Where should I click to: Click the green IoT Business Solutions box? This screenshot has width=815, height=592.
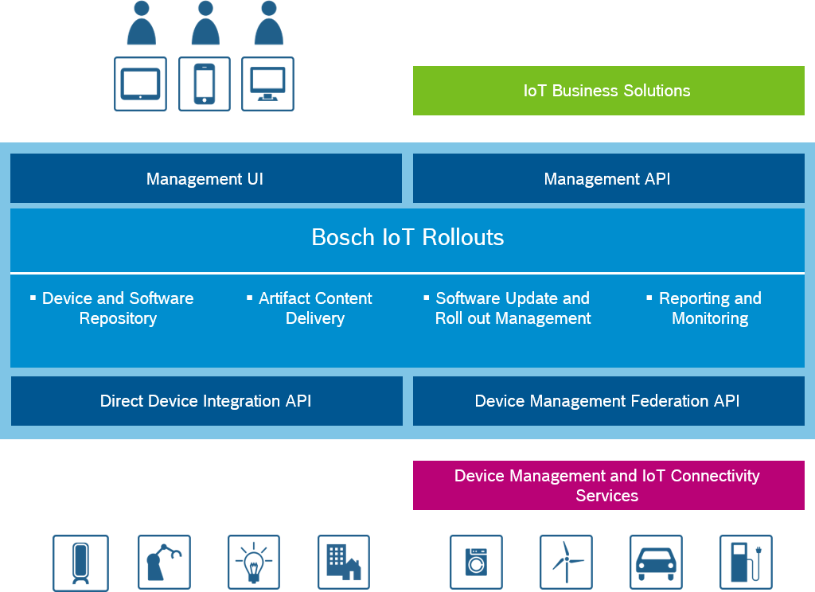(608, 91)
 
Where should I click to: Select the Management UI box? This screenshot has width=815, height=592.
(205, 179)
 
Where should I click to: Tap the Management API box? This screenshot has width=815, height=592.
(608, 179)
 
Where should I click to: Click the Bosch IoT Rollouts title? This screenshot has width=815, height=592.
(407, 237)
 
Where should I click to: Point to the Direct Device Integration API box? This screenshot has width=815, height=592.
(206, 401)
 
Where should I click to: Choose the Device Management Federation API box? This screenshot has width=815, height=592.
(608, 401)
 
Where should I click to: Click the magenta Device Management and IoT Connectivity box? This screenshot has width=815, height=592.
(608, 485)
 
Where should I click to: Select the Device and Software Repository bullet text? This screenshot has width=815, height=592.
(117, 308)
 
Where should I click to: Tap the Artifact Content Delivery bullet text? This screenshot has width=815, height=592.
(314, 308)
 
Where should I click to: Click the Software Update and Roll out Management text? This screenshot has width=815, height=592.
(512, 308)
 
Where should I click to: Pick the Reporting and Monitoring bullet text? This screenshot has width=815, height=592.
(709, 308)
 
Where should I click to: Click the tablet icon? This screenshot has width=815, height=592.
(141, 84)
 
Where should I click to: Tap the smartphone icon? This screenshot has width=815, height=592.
(205, 84)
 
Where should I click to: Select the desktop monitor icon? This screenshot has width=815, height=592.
(268, 84)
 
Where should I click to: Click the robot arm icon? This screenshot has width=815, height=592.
(165, 563)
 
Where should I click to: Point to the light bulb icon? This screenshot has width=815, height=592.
(254, 563)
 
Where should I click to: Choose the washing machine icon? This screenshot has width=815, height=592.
(476, 563)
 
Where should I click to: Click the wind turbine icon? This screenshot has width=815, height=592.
(566, 563)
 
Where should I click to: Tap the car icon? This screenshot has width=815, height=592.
(656, 563)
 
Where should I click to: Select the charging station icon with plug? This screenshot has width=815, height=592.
(746, 563)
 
